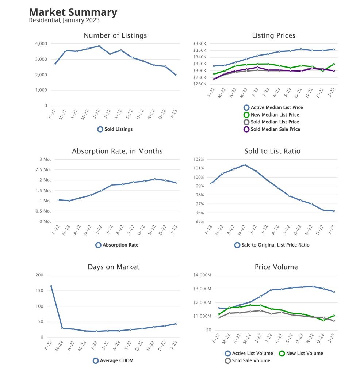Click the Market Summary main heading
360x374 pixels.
click(x=73, y=12)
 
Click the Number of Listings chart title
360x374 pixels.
click(x=115, y=35)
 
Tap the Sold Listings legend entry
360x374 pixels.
click(x=115, y=129)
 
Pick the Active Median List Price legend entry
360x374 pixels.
click(x=273, y=107)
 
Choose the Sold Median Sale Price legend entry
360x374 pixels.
click(x=271, y=129)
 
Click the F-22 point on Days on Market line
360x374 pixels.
click(x=51, y=286)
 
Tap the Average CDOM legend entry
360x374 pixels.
click(x=115, y=360)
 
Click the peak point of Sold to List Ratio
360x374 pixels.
click(x=245, y=165)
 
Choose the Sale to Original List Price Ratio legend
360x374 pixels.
click(x=272, y=245)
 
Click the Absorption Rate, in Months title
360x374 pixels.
click(x=117, y=151)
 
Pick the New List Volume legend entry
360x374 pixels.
click(x=301, y=353)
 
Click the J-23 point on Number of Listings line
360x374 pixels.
click(x=176, y=75)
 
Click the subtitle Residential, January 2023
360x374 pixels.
click(x=64, y=20)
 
